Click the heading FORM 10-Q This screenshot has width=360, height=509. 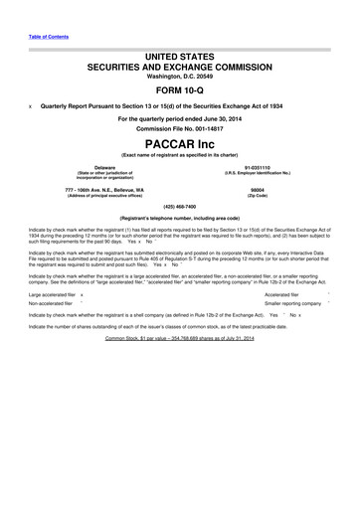pos(180,91)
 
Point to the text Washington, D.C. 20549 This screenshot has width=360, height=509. pos(180,76)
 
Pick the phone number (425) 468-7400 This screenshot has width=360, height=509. pos(180,208)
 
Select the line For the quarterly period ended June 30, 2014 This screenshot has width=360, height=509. pos(180,118)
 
